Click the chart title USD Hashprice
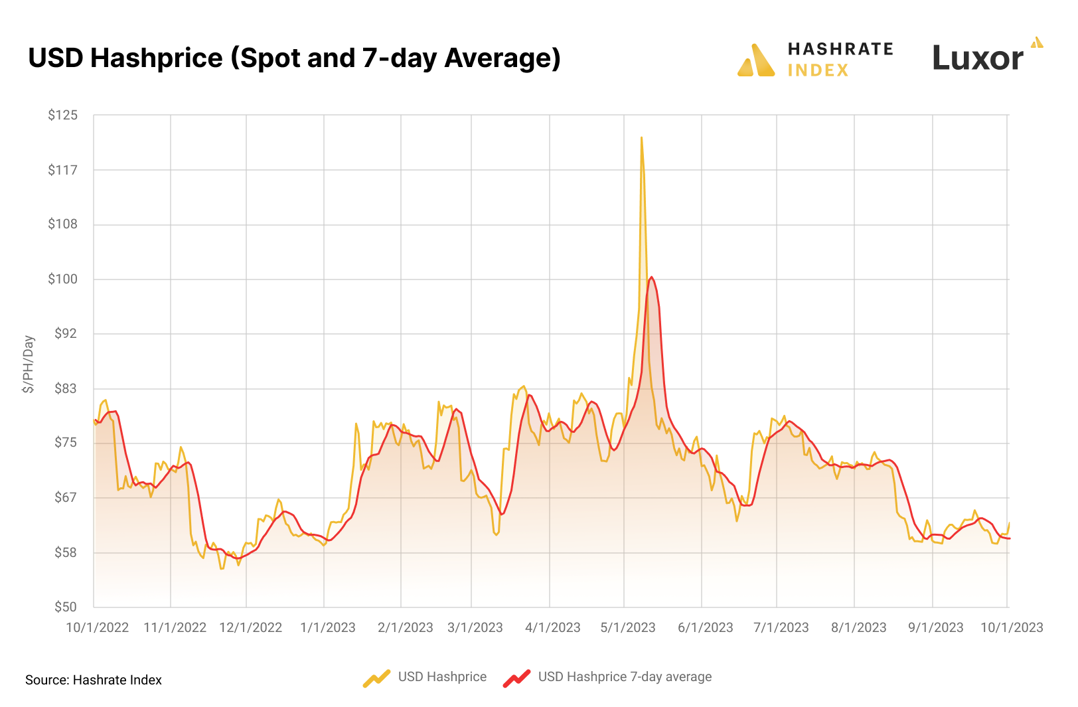[x=294, y=58]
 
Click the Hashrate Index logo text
[x=840, y=59]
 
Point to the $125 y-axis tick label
[x=62, y=115]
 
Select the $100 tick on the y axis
[x=62, y=279]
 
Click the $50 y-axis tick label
[x=65, y=607]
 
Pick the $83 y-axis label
[x=65, y=388]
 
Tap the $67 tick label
[x=65, y=497]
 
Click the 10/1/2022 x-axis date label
[x=97, y=627]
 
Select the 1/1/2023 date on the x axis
[x=327, y=627]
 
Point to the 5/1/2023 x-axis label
[x=627, y=627]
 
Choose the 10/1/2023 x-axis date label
[x=1012, y=627]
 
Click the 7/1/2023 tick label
[x=781, y=627]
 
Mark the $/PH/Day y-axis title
[x=29, y=364]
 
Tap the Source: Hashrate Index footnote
[x=94, y=680]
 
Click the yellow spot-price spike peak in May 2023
[x=641, y=138]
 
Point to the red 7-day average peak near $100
[x=651, y=277]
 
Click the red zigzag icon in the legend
[x=516, y=678]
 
